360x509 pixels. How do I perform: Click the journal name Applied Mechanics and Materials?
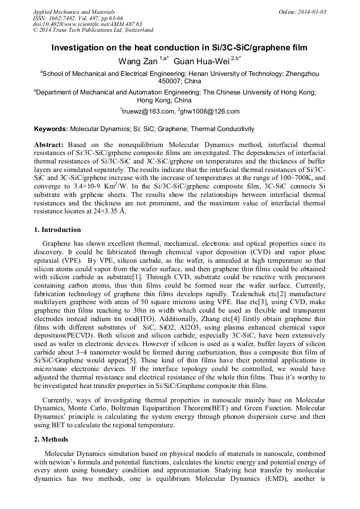click(73, 12)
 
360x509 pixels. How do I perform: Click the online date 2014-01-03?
click(310, 12)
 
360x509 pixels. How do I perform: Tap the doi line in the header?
click(87, 24)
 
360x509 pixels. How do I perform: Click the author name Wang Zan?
click(135, 62)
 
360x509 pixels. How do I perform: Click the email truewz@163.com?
click(148, 111)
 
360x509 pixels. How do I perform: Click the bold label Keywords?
click(51, 129)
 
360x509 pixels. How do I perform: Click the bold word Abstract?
click(49, 144)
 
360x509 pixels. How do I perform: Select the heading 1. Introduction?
click(57, 230)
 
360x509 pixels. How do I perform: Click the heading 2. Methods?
click(51, 439)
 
